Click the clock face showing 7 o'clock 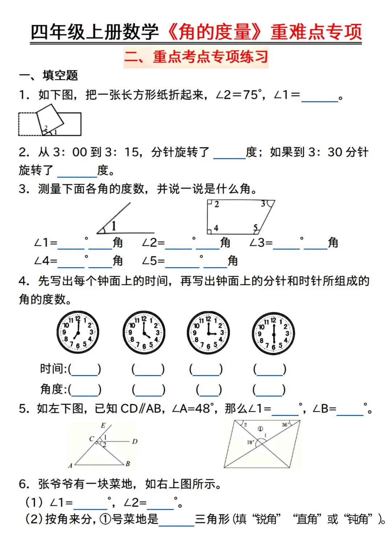[x=78, y=332]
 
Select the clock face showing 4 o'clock [x=144, y=332]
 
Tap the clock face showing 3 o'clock [x=208, y=332]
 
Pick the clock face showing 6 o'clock [x=273, y=333]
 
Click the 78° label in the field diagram [x=250, y=442]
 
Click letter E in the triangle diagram [x=103, y=426]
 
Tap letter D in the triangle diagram [x=135, y=442]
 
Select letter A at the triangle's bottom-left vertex [x=70, y=465]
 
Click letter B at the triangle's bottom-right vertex [x=128, y=464]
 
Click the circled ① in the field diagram [x=260, y=428]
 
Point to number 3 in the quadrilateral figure [x=263, y=204]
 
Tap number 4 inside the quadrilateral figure [x=216, y=228]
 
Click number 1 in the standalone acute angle [x=114, y=226]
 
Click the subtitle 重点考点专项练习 [x=196, y=57]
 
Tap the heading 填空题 [x=60, y=75]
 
